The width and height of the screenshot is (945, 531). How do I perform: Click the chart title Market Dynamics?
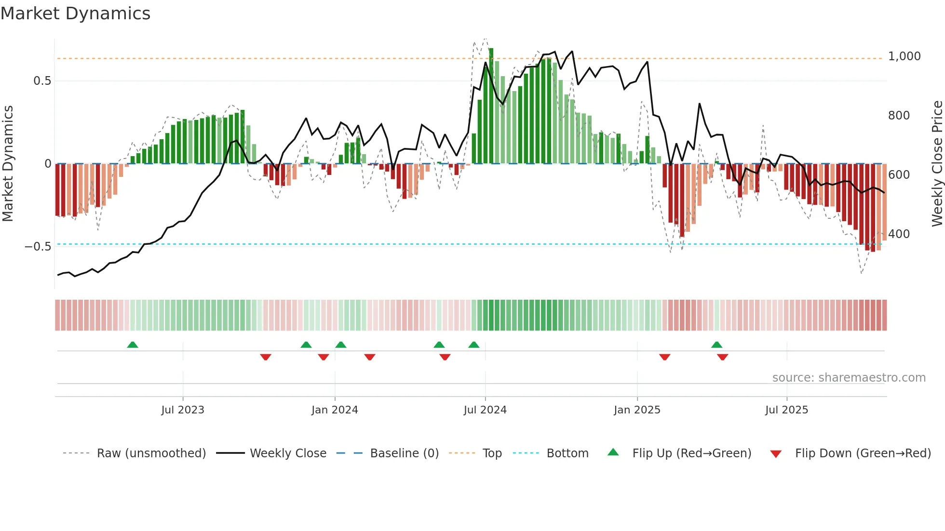(x=75, y=13)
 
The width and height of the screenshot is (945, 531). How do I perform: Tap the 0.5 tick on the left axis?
(x=42, y=81)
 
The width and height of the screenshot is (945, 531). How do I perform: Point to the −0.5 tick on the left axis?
(x=38, y=247)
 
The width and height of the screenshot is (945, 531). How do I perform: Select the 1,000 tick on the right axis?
(x=904, y=56)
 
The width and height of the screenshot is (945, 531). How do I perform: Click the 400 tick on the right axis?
(x=899, y=234)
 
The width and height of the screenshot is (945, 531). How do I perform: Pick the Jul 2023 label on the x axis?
(x=183, y=410)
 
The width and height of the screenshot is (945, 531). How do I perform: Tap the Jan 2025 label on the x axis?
(x=637, y=410)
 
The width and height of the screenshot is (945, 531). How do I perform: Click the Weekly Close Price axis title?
(x=937, y=164)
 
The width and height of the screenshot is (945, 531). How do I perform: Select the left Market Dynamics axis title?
(x=8, y=164)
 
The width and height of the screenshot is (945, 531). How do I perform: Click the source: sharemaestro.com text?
(x=849, y=378)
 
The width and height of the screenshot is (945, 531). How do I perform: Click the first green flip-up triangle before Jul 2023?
(x=133, y=345)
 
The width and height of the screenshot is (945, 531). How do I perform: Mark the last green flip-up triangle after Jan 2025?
(x=716, y=345)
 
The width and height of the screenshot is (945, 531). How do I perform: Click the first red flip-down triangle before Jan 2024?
(x=266, y=357)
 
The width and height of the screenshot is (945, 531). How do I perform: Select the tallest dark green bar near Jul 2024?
(x=491, y=106)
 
